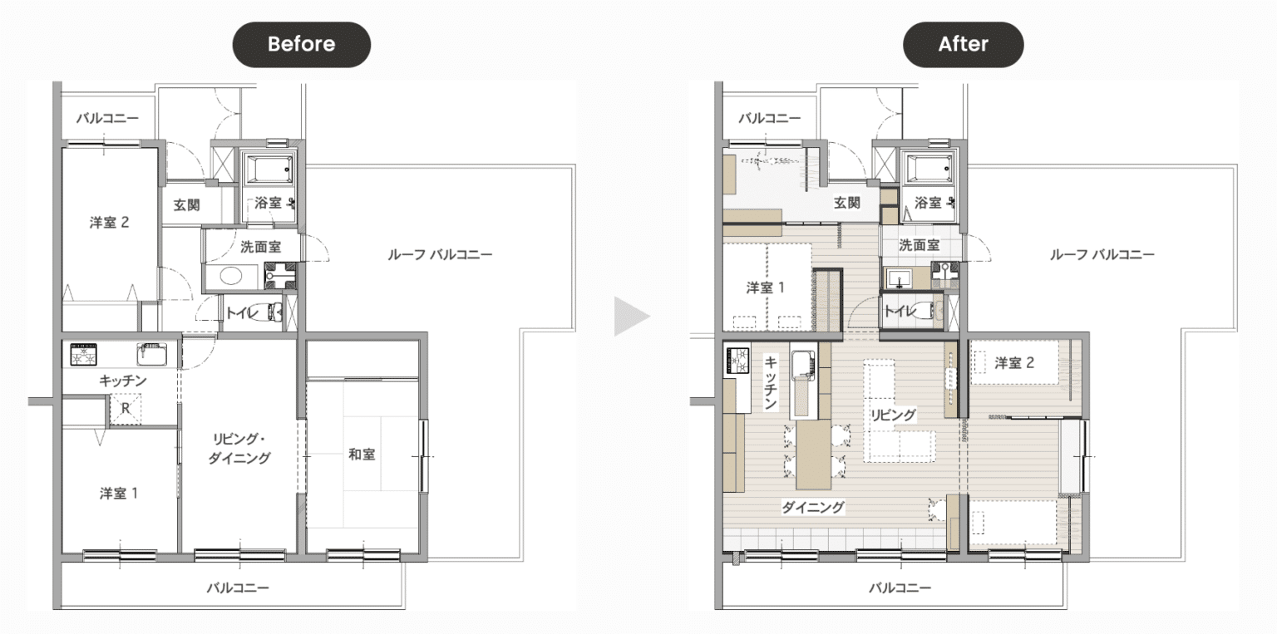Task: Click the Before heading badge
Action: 302,44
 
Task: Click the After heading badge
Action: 963,44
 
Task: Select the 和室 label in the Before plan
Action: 362,454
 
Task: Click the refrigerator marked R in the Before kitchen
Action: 125,409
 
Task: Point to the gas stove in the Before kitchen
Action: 84,354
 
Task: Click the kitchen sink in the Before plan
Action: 151,354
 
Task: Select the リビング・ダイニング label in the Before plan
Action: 239,449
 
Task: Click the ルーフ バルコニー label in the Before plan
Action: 440,254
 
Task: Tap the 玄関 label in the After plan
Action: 846,203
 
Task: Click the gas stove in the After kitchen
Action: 736,361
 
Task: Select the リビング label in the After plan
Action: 893,415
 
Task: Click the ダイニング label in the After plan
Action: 812,507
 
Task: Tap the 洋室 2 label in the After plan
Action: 1014,363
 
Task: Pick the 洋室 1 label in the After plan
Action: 766,288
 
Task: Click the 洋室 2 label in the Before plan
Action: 109,222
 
